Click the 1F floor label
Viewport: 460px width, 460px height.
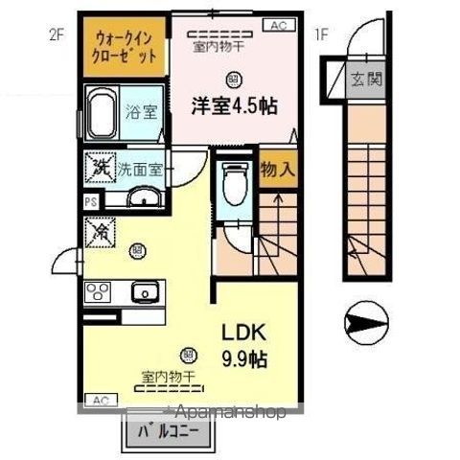[323, 35]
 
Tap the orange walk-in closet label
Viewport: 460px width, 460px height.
[125, 47]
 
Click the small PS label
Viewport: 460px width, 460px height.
[90, 202]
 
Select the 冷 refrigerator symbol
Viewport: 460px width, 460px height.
[99, 230]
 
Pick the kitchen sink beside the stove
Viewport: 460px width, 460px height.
[145, 290]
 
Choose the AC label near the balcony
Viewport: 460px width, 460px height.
[99, 400]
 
